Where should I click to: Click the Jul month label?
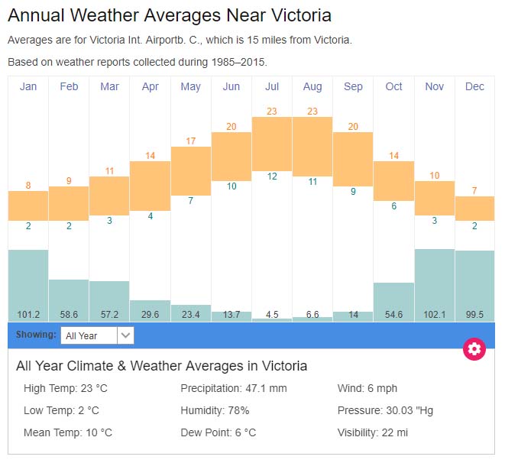click(x=272, y=86)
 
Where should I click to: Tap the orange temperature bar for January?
click(x=28, y=206)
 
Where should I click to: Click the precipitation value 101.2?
click(x=28, y=314)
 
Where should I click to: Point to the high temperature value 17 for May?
click(x=191, y=141)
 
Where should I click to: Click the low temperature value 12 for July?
click(x=272, y=176)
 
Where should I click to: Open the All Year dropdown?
click(x=98, y=335)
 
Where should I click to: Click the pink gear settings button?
click(x=474, y=349)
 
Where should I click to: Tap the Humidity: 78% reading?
click(x=215, y=410)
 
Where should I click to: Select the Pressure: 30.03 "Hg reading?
click(x=385, y=410)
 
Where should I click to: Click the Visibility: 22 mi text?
click(x=372, y=432)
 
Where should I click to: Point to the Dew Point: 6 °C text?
click(x=218, y=432)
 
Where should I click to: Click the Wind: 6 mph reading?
click(x=367, y=388)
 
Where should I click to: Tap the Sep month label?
click(x=353, y=86)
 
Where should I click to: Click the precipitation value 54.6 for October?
click(x=393, y=314)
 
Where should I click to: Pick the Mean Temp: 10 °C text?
click(x=68, y=432)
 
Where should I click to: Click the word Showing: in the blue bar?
click(x=36, y=335)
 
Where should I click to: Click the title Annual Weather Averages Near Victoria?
click(x=170, y=15)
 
